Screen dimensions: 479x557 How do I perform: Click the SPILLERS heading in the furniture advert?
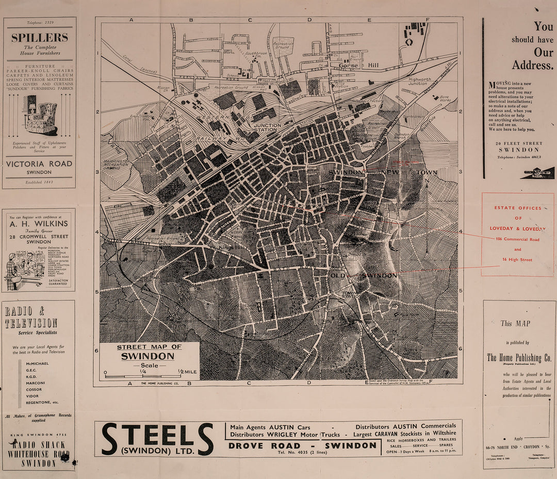(40, 38)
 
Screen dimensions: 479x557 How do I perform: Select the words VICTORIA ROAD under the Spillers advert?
(40, 163)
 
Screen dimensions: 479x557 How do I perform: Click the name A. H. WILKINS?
(39, 224)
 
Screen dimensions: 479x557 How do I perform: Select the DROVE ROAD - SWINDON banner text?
(303, 445)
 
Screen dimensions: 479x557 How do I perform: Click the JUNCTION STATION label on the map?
(268, 127)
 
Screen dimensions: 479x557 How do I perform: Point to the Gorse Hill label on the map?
(358, 66)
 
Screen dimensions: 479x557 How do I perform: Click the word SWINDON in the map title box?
(148, 356)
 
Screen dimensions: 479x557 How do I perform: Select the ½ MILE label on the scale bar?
(187, 371)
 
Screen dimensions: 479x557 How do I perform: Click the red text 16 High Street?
(517, 260)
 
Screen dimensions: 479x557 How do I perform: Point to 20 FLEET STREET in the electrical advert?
(518, 143)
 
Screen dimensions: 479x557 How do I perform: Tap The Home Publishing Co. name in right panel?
(519, 358)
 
